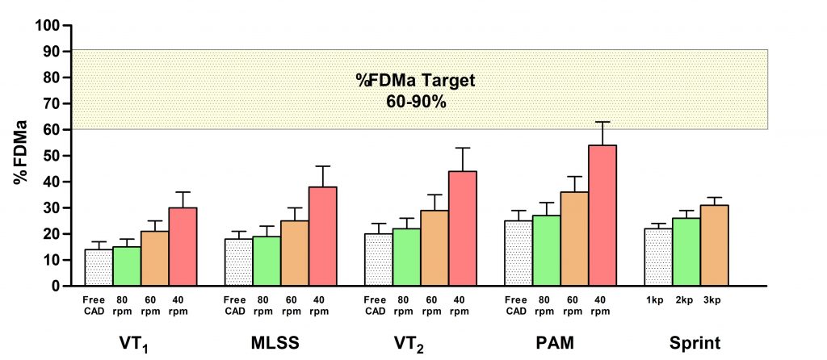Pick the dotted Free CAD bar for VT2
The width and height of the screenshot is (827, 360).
tap(378, 259)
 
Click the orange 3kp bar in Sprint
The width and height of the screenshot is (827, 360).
tap(714, 245)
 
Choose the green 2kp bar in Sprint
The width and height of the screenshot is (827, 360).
tap(686, 252)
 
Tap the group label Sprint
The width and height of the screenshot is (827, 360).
tap(694, 342)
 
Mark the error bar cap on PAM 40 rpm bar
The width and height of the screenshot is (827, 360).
tap(602, 122)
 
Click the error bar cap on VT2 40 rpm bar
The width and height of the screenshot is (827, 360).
tap(462, 148)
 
